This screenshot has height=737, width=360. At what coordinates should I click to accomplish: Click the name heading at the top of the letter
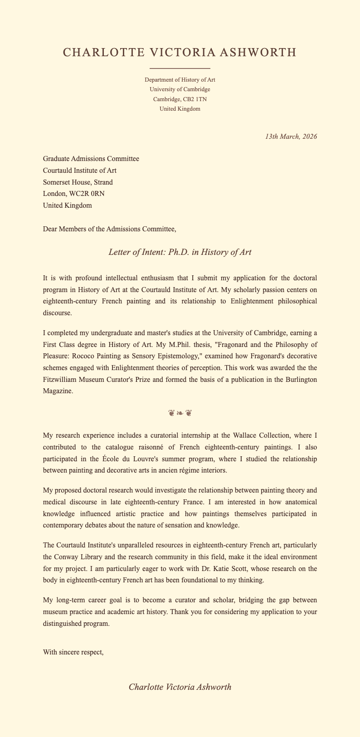click(180, 53)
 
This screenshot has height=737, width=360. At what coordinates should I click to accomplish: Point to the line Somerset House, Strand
click(78, 182)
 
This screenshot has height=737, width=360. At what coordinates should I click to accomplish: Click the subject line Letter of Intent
click(180, 252)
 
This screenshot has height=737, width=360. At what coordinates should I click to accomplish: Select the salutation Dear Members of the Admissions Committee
click(109, 229)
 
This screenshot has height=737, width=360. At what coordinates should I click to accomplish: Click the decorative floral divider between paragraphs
click(180, 413)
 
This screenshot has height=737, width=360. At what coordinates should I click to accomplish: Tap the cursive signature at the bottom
click(180, 687)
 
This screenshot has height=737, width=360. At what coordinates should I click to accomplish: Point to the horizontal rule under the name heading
click(180, 68)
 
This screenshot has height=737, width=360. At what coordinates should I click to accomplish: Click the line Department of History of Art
click(180, 79)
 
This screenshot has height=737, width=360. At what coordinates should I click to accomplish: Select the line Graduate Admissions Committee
click(91, 158)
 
